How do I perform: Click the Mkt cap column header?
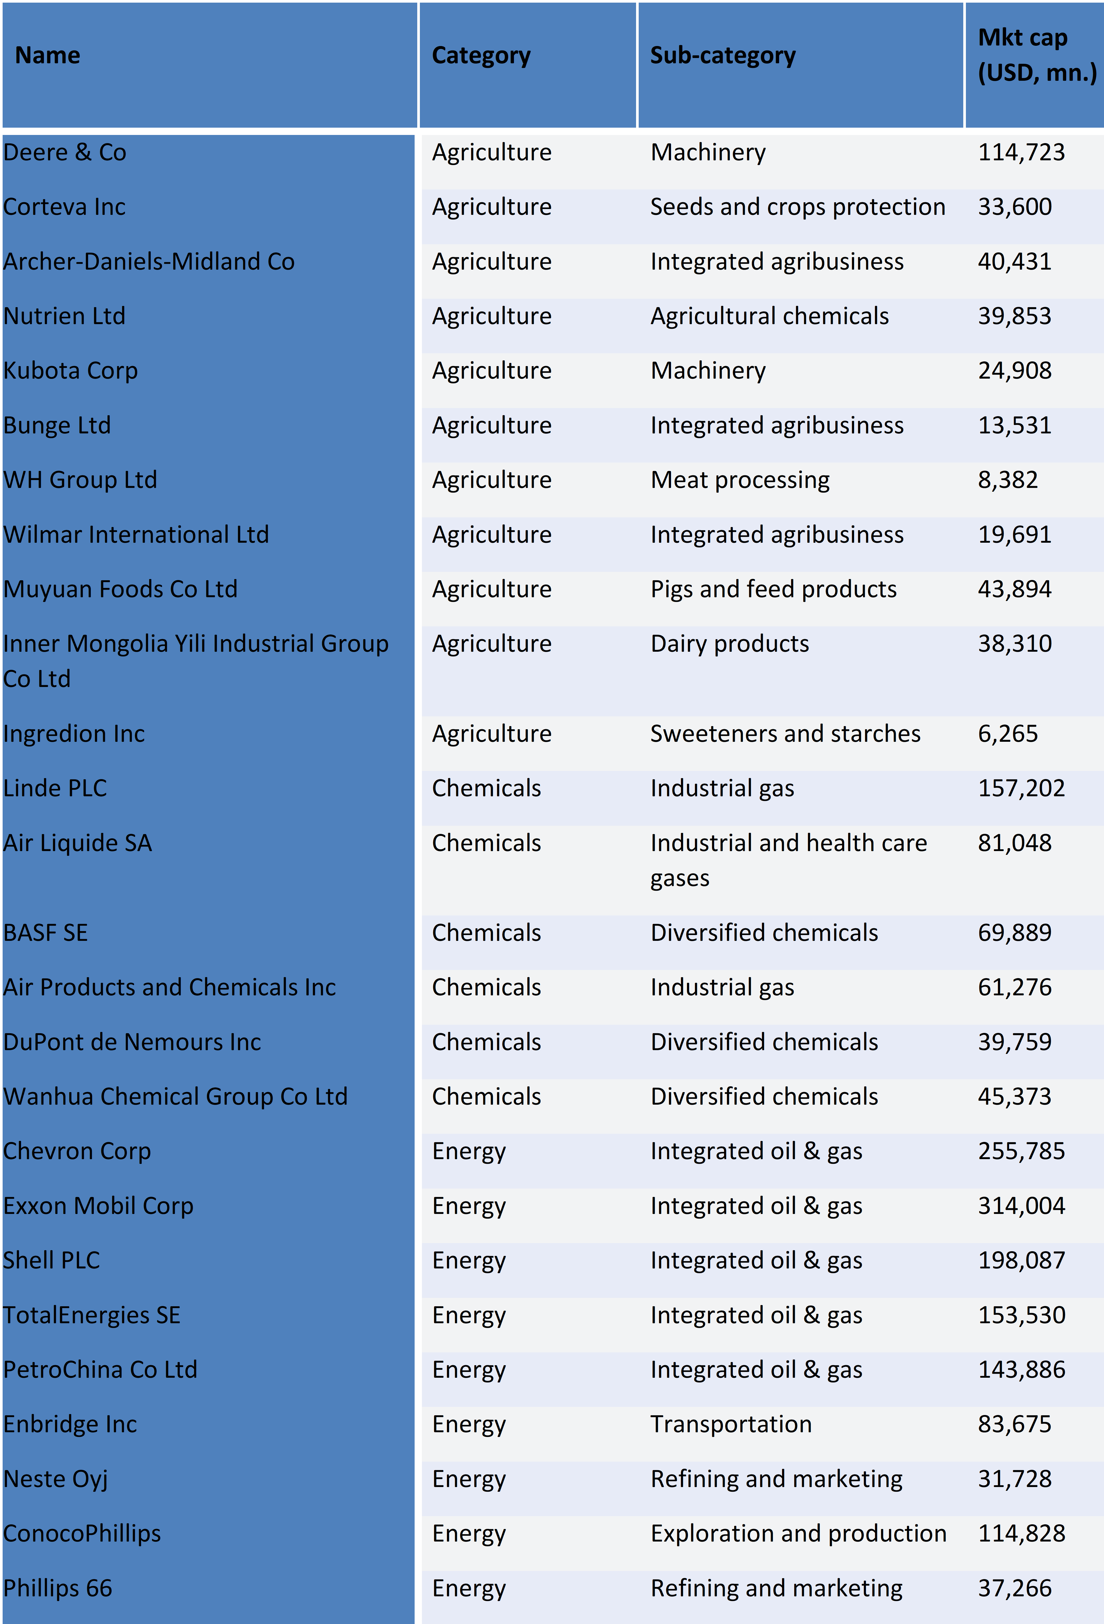[x=1037, y=55]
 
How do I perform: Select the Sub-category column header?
[x=723, y=55]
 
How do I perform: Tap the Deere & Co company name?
[x=65, y=152]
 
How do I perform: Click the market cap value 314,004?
[x=1021, y=1206]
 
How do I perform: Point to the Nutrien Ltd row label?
[x=64, y=316]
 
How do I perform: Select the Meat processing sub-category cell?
[x=740, y=480]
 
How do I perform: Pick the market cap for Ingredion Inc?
[x=1008, y=734]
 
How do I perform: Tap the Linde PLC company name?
[x=55, y=788]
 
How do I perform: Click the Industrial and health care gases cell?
[x=788, y=860]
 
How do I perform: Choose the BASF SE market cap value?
[x=1014, y=933]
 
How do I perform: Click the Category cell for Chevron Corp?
[x=469, y=1152]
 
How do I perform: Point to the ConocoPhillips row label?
[x=82, y=1534]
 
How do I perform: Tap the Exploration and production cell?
[x=798, y=1534]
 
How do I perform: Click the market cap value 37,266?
[x=1014, y=1588]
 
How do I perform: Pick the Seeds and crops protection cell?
[x=797, y=207]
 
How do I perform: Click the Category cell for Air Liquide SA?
[x=486, y=843]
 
